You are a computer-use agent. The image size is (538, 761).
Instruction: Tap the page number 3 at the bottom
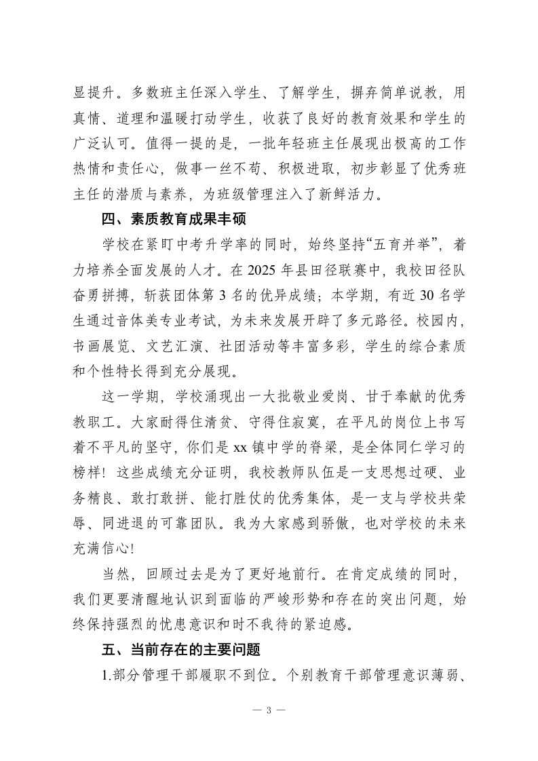pyautogui.click(x=269, y=710)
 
